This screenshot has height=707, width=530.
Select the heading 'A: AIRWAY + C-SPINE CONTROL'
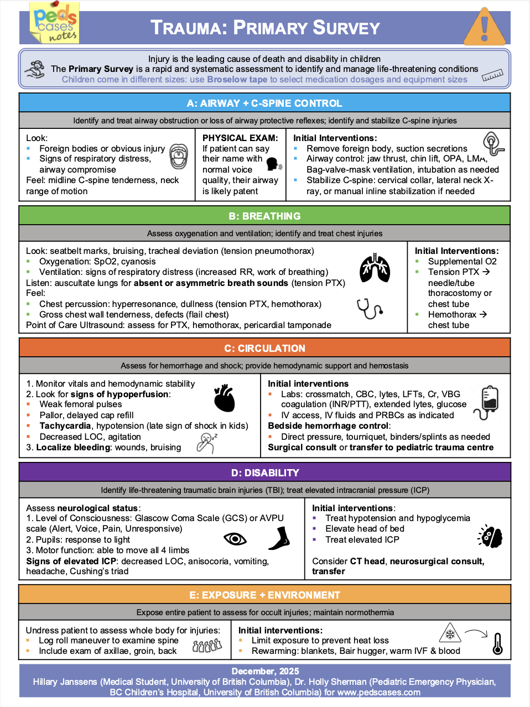click(x=264, y=103)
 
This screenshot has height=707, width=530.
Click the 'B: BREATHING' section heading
click(x=264, y=216)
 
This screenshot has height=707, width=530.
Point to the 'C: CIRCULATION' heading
click(x=264, y=349)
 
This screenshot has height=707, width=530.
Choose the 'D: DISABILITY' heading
click(x=264, y=473)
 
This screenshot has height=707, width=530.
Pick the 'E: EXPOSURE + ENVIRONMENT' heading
click(x=264, y=595)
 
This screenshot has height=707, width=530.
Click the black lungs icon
click(x=375, y=269)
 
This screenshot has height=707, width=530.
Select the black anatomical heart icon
click(x=225, y=398)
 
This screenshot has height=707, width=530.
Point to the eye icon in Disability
click(x=235, y=539)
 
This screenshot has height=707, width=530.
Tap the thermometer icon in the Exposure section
click(x=497, y=644)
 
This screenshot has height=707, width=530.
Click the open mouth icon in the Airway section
click(x=178, y=157)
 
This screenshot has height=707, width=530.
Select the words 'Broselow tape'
click(x=237, y=80)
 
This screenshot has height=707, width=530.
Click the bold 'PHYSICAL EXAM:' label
click(x=240, y=138)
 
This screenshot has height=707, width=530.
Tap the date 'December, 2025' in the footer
click(x=265, y=671)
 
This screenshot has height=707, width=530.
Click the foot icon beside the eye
click(x=279, y=538)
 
